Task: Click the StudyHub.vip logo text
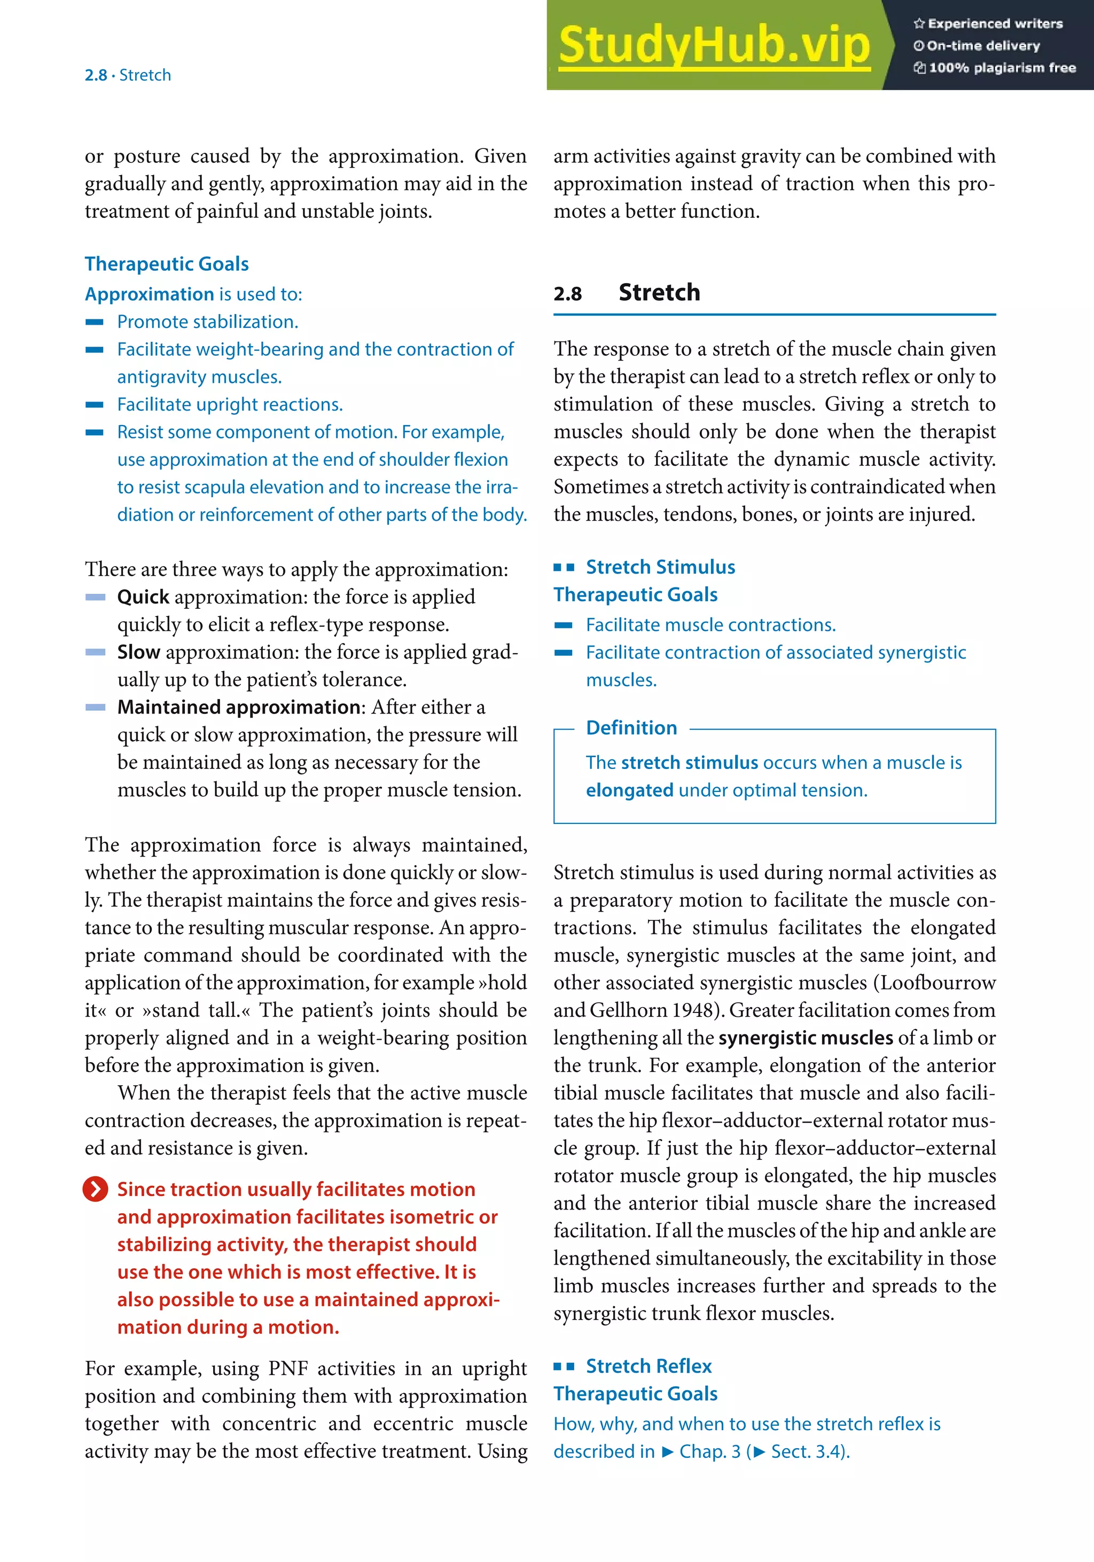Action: pos(714,45)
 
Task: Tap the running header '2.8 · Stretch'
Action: pos(128,75)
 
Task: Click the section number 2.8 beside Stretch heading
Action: pos(567,294)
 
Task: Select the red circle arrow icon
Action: pos(95,1189)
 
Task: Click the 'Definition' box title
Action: pos(631,727)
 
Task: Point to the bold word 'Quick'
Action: pos(143,596)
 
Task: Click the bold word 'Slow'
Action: pos(139,652)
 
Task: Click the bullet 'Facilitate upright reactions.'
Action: pos(230,404)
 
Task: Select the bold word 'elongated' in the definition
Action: pos(629,790)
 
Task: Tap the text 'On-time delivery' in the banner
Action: pos(983,45)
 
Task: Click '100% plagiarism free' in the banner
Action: pos(1002,67)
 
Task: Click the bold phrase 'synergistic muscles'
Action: pos(806,1038)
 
